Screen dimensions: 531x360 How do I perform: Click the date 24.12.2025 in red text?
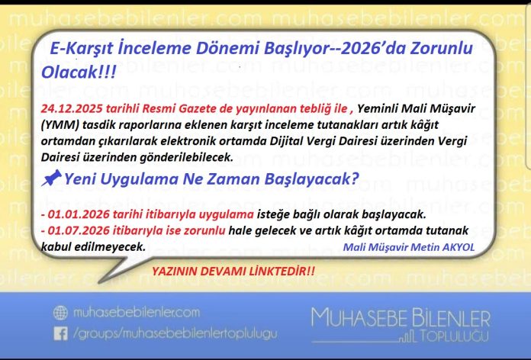point(72,109)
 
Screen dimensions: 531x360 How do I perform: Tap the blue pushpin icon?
point(51,178)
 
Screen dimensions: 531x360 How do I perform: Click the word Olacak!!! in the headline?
point(79,72)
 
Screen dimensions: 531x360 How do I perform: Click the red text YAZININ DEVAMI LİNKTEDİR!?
point(233,272)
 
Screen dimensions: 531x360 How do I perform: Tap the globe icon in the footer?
point(60,313)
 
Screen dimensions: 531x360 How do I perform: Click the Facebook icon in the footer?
point(60,333)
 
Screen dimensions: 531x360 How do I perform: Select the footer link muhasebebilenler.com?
point(137,312)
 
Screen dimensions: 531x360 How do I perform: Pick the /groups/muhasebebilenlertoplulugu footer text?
point(175,334)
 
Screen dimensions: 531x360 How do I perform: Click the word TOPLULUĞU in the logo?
point(455,336)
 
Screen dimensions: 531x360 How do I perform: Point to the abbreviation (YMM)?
point(60,125)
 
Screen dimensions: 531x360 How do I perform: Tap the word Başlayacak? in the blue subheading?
point(311,178)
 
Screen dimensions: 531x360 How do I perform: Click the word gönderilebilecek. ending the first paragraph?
point(187,157)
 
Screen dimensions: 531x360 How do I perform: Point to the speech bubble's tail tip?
point(99,282)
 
